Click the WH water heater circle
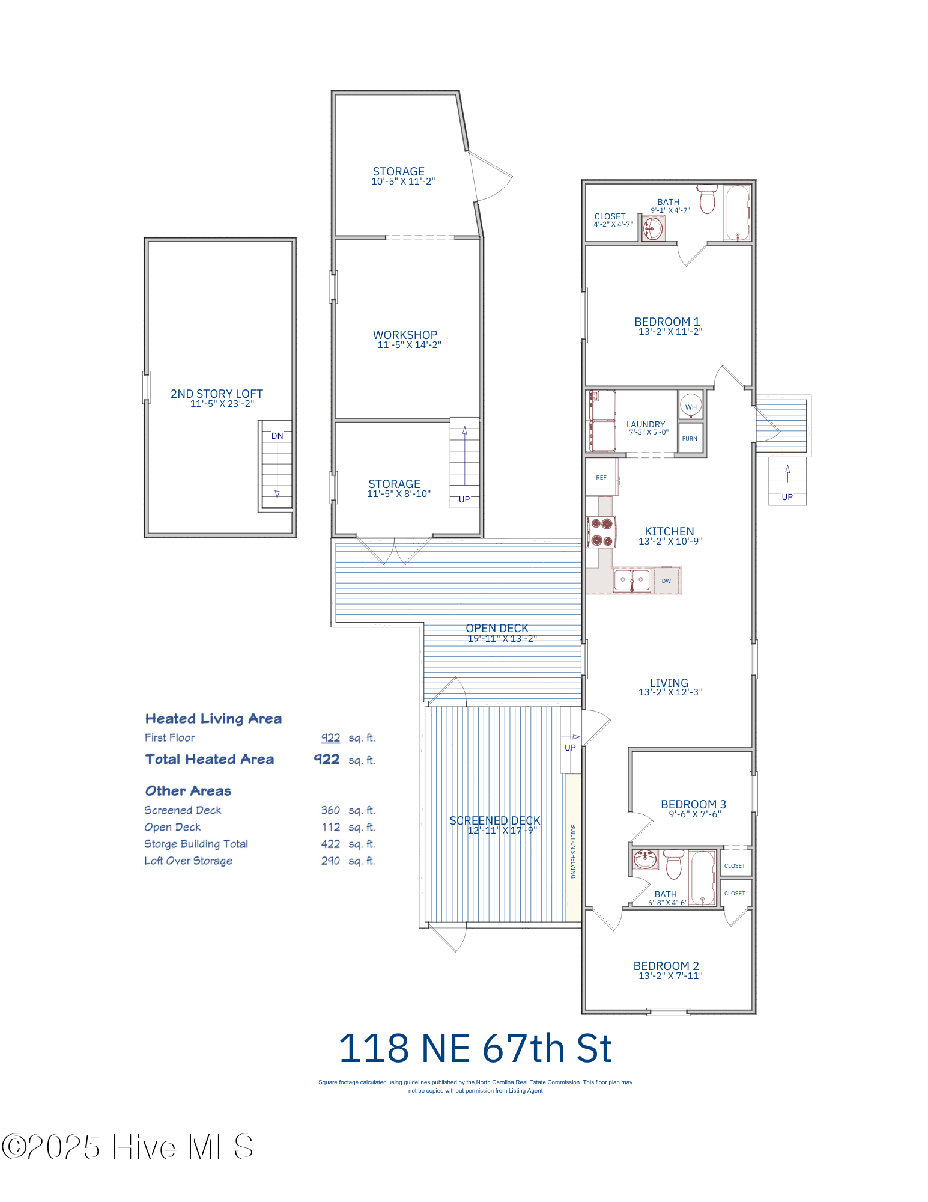691,406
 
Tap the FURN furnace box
690,439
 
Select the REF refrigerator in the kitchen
601,478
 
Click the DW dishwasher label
666,581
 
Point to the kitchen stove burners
601,532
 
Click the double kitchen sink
631,581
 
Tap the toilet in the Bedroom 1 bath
708,200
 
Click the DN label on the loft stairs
277,436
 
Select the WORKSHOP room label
405,335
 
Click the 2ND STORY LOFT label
216,394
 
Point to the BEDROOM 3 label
693,804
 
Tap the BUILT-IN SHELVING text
573,851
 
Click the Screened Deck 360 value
330,810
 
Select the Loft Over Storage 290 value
330,861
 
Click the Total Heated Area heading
209,759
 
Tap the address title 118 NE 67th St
475,1049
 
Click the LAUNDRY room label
646,424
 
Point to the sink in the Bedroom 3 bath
645,859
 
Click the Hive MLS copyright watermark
127,1147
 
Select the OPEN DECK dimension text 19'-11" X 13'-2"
502,638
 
